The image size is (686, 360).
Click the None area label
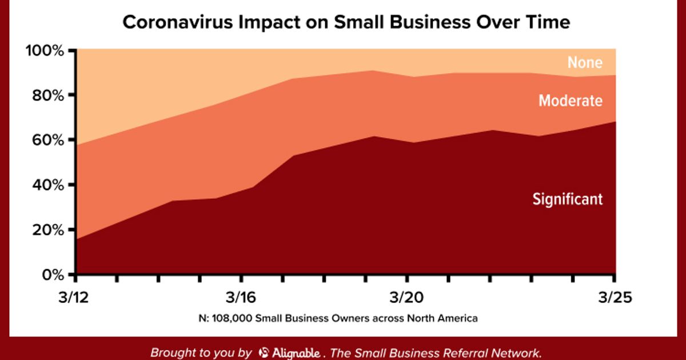[x=585, y=62]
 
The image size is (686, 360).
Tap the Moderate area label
[x=570, y=101]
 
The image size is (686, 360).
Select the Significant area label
[x=568, y=199]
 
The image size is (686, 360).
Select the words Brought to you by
[x=201, y=353]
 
